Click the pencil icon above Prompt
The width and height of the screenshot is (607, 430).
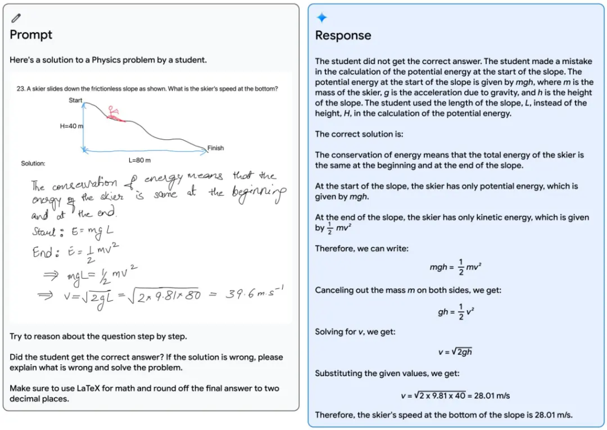point(16,18)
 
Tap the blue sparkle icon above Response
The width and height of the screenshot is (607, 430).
point(322,18)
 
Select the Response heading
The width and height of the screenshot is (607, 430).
point(343,36)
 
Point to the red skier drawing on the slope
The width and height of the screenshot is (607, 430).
point(114,113)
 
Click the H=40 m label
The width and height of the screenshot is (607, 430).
point(72,126)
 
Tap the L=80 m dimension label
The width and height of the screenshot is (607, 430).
point(139,160)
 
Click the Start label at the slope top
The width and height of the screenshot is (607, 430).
point(75,100)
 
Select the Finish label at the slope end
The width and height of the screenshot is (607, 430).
point(215,148)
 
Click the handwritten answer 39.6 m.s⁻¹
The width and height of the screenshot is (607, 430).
point(251,294)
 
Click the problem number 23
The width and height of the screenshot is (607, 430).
point(20,89)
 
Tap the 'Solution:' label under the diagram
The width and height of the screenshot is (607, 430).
point(33,163)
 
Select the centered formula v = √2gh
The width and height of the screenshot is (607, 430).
point(455,352)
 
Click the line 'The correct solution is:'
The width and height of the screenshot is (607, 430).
point(359,134)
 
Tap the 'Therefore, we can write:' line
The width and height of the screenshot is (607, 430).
point(362,249)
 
